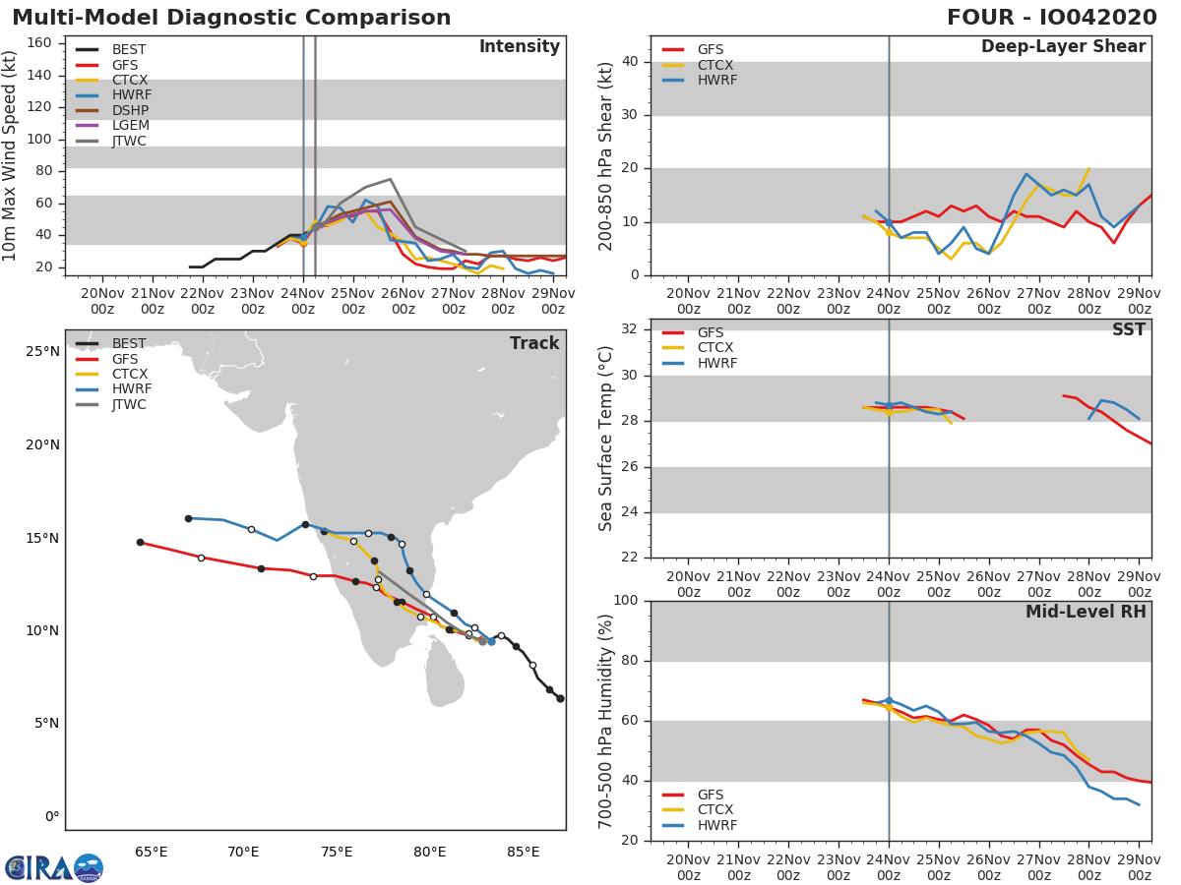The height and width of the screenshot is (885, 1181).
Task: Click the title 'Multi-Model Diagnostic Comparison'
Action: pos(231,18)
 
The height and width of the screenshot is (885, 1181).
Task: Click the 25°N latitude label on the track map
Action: pos(42,352)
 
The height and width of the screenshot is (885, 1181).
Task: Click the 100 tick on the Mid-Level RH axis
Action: pos(627,601)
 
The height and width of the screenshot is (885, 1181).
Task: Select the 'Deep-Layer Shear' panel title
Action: pos(1063,47)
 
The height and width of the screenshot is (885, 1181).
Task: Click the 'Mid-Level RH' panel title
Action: pos(1086,612)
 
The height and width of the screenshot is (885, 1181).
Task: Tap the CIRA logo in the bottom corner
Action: pos(54,868)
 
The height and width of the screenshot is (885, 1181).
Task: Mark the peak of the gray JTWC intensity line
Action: pos(390,179)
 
